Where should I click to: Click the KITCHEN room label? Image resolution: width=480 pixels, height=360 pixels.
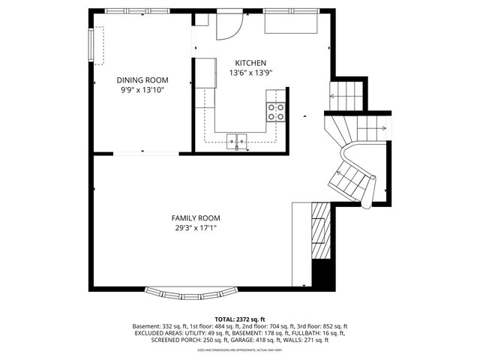[x=250, y=63]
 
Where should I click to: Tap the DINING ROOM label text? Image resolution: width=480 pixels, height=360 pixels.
[x=142, y=79]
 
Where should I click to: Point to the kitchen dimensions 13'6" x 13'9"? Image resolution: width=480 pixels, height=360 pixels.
[x=250, y=73]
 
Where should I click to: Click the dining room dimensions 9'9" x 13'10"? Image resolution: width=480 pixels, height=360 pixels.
[x=142, y=89]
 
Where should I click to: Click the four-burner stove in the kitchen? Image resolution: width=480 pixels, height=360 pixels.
[x=275, y=112]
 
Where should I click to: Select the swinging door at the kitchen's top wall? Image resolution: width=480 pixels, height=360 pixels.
[x=228, y=27]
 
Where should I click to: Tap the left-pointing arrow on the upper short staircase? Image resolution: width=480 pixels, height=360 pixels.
[x=333, y=96]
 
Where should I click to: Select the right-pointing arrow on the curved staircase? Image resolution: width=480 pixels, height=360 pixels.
[x=382, y=129]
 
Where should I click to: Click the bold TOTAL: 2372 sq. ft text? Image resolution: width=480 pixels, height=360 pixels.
[x=240, y=319]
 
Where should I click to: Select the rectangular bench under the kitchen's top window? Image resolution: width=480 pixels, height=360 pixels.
[x=291, y=25]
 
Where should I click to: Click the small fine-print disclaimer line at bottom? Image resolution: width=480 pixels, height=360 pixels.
[x=240, y=349]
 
